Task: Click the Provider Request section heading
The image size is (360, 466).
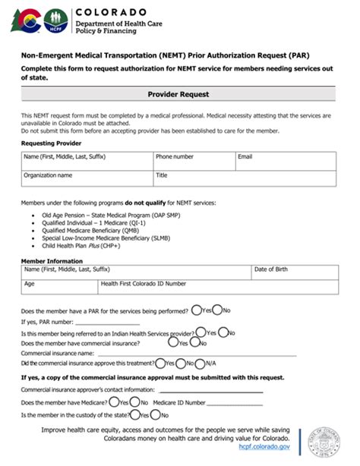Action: tap(178, 95)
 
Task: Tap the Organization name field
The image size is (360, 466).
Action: tap(86, 180)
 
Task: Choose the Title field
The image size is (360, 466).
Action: tap(244, 180)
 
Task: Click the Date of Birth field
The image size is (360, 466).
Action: tap(293, 273)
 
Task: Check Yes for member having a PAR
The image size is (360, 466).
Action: tap(197, 310)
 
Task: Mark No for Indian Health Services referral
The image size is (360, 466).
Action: tap(226, 332)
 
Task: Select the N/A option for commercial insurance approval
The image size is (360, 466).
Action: tap(201, 364)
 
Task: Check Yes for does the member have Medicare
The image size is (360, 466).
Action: tap(114, 402)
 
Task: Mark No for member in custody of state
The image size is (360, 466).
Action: tap(155, 415)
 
